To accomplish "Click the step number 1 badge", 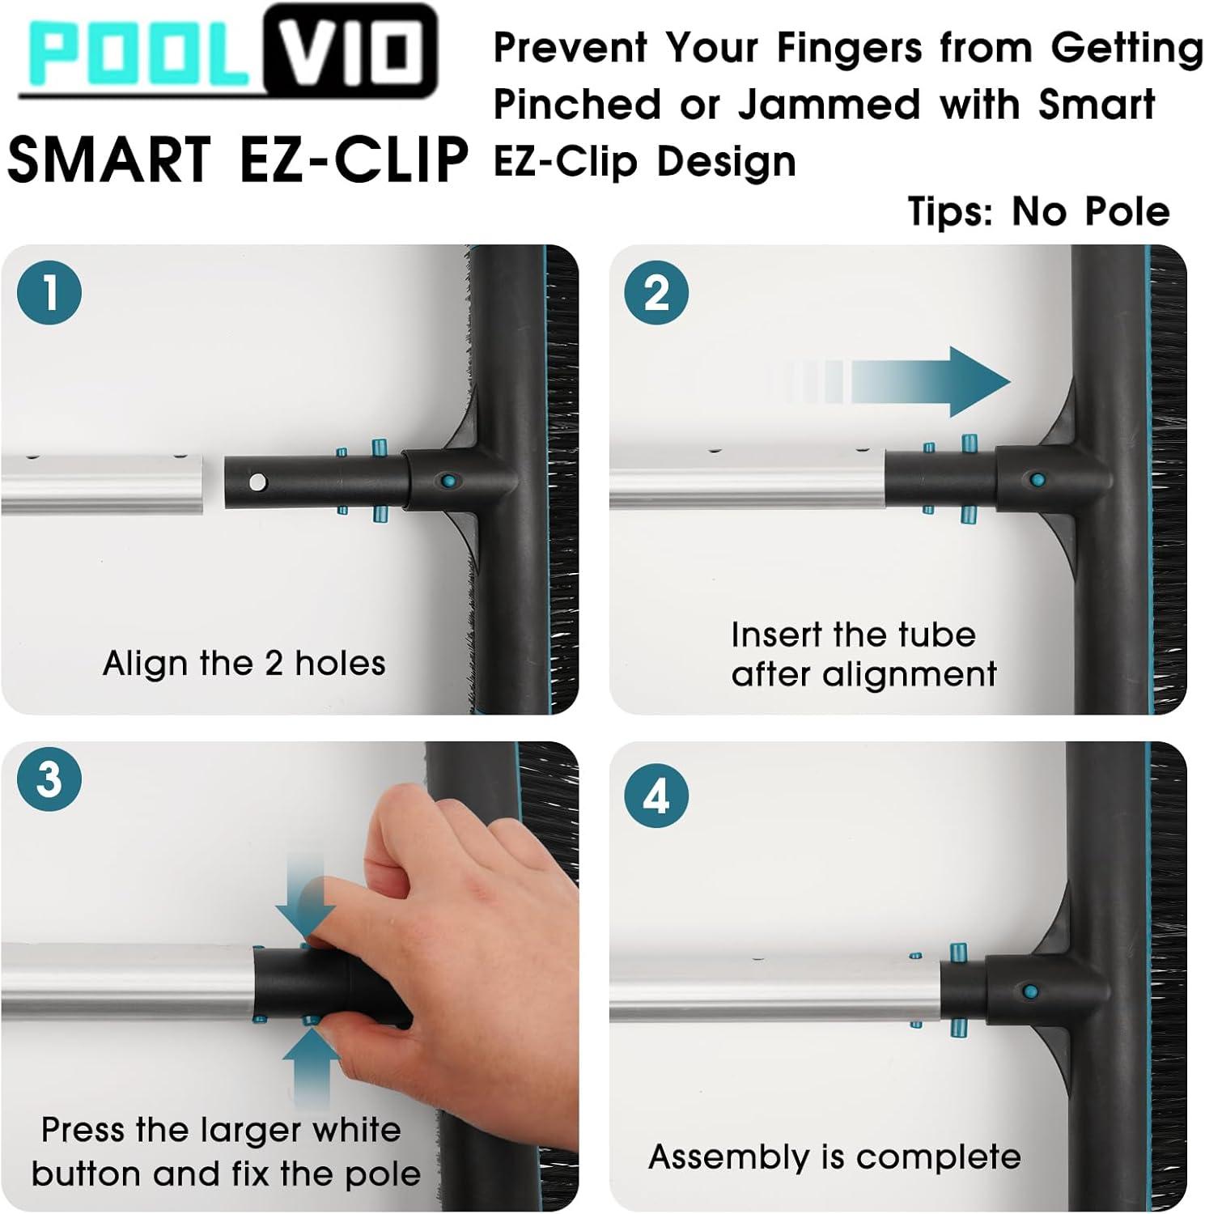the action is (49, 292).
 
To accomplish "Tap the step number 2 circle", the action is (656, 292).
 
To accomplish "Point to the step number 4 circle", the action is (656, 796).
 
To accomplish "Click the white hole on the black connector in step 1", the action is (257, 483).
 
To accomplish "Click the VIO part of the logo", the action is (350, 52).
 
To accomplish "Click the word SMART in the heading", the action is (109, 159).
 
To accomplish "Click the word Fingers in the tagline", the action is (849, 49).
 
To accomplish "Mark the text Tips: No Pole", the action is (1038, 211).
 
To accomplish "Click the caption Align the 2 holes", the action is (244, 663).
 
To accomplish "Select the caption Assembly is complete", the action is (834, 1157).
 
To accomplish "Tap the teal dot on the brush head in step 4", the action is (1030, 991).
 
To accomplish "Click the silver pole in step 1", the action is (102, 484).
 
